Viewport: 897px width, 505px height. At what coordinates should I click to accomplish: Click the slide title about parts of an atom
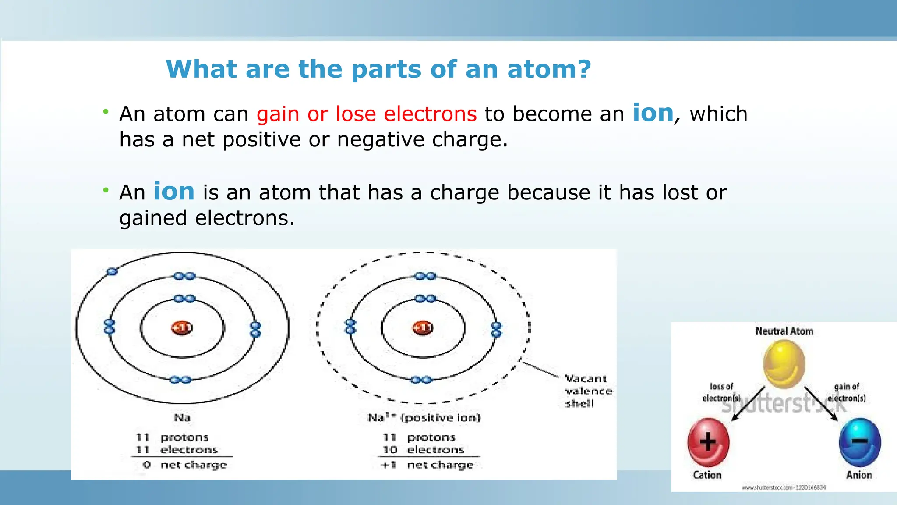point(378,69)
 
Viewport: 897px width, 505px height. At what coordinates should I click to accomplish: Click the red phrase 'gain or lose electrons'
point(366,114)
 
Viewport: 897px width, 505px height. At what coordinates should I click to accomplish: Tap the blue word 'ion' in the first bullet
point(653,113)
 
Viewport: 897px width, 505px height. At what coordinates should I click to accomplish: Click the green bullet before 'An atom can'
point(106,112)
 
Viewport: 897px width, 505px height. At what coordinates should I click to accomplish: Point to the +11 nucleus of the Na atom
point(181,328)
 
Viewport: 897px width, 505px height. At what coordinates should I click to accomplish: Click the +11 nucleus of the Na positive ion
point(423,328)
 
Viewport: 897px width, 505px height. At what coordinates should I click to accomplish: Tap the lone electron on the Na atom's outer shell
point(112,271)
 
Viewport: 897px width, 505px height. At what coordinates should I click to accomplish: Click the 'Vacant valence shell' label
point(588,391)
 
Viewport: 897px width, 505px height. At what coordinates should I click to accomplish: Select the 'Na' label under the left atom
point(182,417)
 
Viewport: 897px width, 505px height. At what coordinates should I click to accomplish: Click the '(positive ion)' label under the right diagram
point(440,417)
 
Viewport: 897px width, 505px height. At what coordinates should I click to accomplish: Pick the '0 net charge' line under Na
point(184,465)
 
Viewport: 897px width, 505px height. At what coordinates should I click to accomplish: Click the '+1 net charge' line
point(427,465)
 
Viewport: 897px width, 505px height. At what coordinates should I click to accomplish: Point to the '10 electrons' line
point(423,450)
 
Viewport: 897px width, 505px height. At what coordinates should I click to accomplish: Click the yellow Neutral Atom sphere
point(784,364)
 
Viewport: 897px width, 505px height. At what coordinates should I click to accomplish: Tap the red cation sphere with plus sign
point(708,442)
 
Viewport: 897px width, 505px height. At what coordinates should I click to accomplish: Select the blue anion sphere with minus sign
point(859,442)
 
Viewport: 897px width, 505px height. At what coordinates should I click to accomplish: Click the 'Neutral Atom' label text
point(784,331)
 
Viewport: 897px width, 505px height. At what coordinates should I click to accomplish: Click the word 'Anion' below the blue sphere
point(858,475)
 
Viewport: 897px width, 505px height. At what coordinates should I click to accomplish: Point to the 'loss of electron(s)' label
point(721,392)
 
